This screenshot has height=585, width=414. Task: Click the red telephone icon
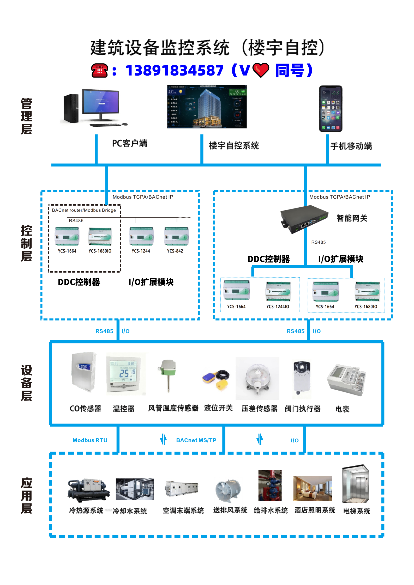pos(99,70)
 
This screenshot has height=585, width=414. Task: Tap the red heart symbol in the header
pos(261,70)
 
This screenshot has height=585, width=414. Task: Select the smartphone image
pos(331,108)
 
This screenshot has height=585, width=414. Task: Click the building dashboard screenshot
pos(207,107)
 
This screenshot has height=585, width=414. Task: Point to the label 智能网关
pos(352,218)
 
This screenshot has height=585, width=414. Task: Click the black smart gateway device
pos(304,219)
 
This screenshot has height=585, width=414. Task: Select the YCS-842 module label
pos(175,251)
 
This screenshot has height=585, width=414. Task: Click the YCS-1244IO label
pos(278,307)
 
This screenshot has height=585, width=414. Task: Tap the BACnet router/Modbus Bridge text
pos(84,210)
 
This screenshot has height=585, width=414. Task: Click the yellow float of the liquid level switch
pos(222,385)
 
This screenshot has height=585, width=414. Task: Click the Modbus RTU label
pos(90,440)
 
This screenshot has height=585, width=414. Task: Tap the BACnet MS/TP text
pos(196,440)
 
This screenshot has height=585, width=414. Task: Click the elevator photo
pos(356,484)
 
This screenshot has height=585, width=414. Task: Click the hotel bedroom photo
pos(313,488)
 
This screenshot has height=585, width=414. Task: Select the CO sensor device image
pos(84,372)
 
